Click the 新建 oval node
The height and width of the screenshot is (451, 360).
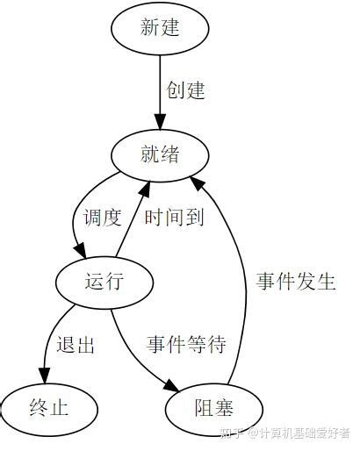coord(160,28)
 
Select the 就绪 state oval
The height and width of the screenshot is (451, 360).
coord(160,155)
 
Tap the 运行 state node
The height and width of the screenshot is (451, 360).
coord(104,282)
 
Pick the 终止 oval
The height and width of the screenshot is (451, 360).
coord(48,408)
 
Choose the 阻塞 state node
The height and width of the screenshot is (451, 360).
coord(213,408)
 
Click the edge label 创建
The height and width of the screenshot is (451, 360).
coord(186,91)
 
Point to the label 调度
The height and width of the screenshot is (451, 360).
coord(102,218)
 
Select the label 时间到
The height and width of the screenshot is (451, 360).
coord(174,218)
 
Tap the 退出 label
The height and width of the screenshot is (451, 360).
coord(76,345)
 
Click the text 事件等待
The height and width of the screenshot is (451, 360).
coord(186,345)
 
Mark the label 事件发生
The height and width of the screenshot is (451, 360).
coord(296,282)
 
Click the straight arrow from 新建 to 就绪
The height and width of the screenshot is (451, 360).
coord(160,88)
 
